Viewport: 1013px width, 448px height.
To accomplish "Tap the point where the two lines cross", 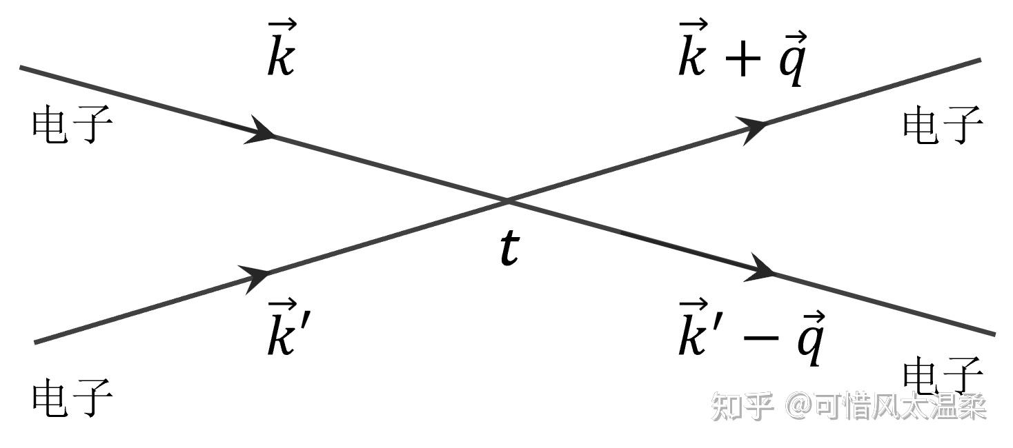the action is pyautogui.click(x=507, y=201).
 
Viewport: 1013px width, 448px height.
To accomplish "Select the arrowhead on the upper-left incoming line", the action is pyautogui.click(x=259, y=130).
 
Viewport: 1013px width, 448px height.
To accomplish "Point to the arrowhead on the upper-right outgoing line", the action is pyautogui.click(x=752, y=130).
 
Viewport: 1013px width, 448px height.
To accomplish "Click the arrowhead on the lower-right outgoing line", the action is pyautogui.click(x=760, y=268).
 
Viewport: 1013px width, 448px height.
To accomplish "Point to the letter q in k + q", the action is pyautogui.click(x=793, y=58).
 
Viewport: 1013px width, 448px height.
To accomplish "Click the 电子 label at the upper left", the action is pyautogui.click(x=72, y=125).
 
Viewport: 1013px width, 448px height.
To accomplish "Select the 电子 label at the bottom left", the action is pyautogui.click(x=72, y=398).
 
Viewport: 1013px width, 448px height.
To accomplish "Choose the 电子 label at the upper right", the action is pyautogui.click(x=943, y=125).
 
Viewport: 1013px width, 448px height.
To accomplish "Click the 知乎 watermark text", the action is pyautogui.click(x=742, y=407).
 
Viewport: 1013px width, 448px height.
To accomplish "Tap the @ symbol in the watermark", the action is pyautogui.click(x=800, y=406).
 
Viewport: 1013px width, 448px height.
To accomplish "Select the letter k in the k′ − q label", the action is pyautogui.click(x=693, y=327).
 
